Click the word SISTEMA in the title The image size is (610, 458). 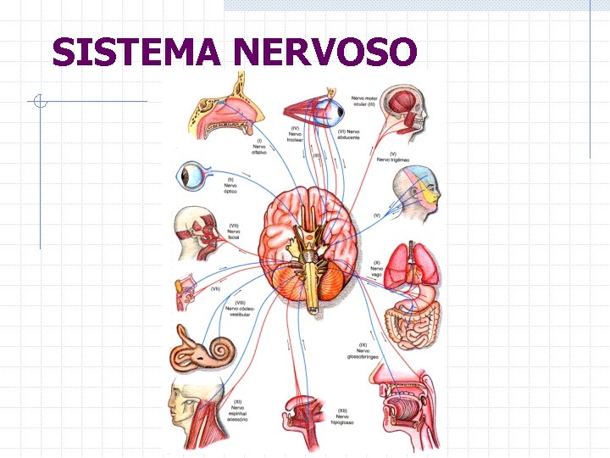(136, 53)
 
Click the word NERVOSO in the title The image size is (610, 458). (325, 53)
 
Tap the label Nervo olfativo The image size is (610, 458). (259, 148)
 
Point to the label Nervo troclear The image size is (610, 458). (295, 134)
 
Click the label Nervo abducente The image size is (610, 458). (349, 134)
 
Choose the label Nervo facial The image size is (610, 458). (234, 232)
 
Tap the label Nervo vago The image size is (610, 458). (377, 269)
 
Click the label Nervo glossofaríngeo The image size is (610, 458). (363, 351)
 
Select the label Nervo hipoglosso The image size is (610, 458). (343, 416)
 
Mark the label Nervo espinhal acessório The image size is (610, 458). (237, 411)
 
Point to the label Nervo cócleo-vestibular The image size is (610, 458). (241, 309)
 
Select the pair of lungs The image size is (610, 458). (413, 265)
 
